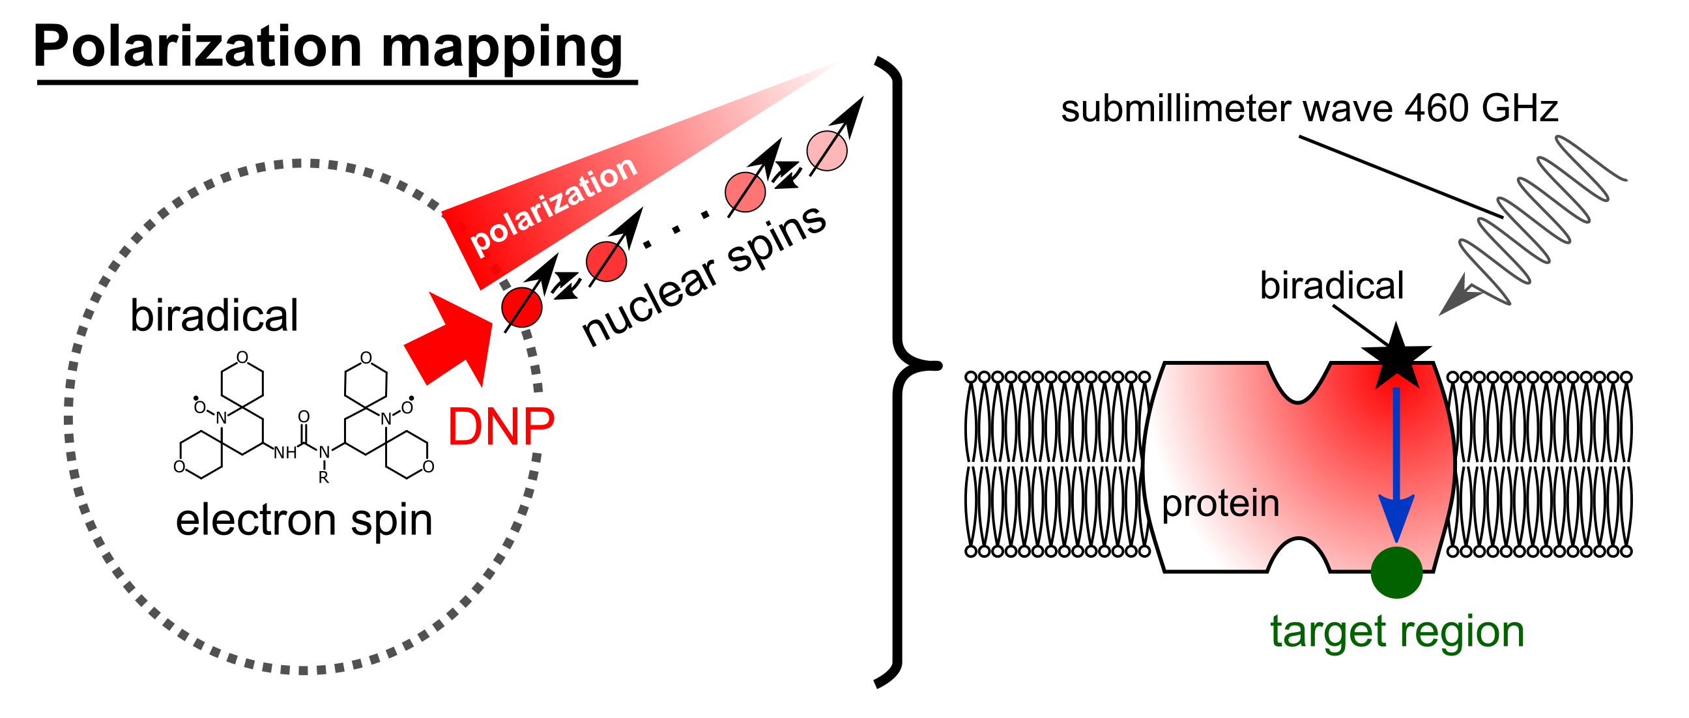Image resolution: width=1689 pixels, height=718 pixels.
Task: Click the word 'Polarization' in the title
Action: pos(197,47)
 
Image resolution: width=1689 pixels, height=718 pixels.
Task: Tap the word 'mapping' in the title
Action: pos(502,50)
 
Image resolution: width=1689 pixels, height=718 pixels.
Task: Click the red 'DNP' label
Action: pos(501,427)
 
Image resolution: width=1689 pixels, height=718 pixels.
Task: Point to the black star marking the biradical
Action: pos(1395,357)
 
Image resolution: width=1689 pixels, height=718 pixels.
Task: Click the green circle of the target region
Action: pos(1396,572)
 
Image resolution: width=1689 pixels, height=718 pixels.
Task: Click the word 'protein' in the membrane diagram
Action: pos(1220,504)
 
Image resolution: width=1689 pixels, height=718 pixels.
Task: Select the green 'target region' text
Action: pos(1397,631)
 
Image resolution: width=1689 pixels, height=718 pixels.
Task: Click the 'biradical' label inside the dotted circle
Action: pos(214,315)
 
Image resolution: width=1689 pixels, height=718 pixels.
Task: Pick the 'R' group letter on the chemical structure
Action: pos(324,478)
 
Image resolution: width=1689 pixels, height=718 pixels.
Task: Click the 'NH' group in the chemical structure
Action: pos(285,452)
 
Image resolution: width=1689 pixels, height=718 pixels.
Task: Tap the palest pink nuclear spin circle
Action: pos(826,151)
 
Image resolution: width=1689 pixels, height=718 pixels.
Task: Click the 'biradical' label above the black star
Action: pos(1332,286)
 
